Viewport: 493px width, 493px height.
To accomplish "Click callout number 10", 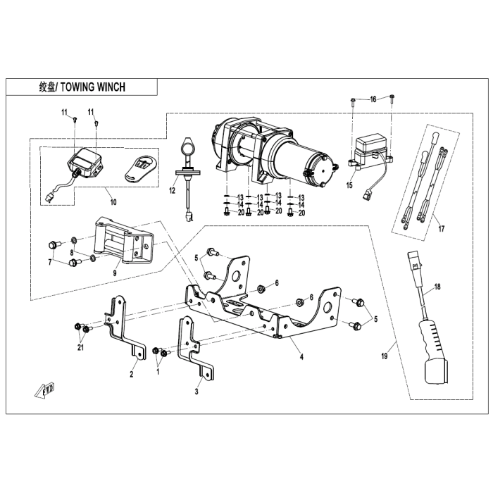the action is pos(113,202).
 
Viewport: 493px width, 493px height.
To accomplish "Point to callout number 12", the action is pos(172,190).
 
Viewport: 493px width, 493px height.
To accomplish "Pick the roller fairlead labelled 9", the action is pos(124,241).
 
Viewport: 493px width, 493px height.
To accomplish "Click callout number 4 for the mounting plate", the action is pos(301,357).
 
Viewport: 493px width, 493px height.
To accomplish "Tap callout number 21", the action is pos(80,347).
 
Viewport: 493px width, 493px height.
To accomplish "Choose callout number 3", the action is pos(196,392).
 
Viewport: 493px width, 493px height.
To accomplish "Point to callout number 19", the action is pos(385,356).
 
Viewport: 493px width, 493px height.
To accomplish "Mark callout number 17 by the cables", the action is pos(442,229).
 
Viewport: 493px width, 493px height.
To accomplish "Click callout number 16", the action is pos(373,99).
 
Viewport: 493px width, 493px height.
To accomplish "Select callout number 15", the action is pos(349,185).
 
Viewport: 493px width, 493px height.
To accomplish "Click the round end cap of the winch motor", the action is pos(320,170).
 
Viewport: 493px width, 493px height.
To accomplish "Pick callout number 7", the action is pos(50,262).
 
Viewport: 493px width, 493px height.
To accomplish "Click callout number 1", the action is pos(158,372).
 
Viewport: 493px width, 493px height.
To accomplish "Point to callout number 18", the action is pos(437,287).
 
